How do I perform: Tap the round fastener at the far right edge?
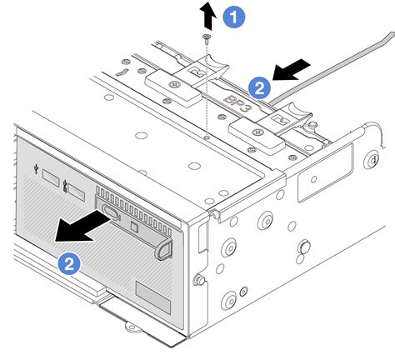click(x=368, y=162)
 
